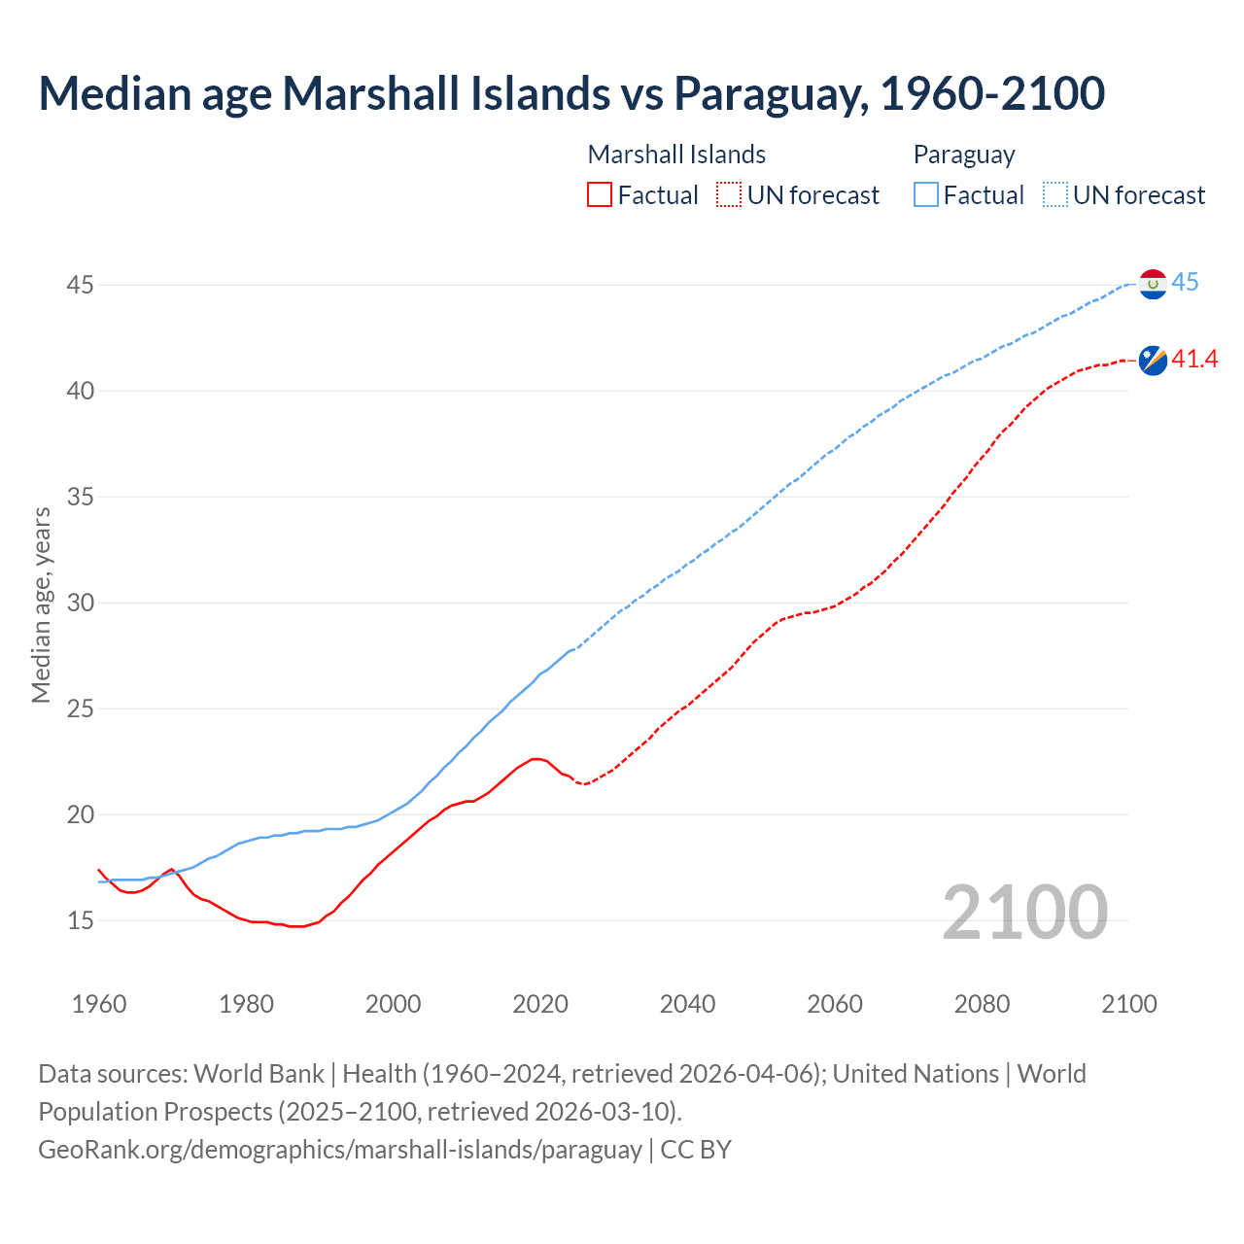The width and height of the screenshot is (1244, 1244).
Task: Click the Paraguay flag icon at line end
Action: [x=1153, y=284]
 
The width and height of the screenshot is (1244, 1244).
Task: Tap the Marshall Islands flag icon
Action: [x=1153, y=360]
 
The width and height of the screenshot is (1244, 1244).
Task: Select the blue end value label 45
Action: [x=1185, y=283]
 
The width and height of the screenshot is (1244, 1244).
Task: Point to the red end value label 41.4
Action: [x=1194, y=360]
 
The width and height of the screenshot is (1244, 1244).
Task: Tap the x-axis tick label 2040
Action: [x=687, y=1004]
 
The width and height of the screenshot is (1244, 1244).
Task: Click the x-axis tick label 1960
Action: [x=99, y=1004]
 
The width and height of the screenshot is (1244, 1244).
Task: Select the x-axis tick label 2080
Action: [x=982, y=1004]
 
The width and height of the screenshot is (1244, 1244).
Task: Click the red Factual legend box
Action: [x=600, y=195]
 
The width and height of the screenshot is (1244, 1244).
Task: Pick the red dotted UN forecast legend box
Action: [x=729, y=195]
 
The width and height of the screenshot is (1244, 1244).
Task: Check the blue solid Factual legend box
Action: [x=926, y=195]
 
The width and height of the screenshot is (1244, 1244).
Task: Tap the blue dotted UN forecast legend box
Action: [x=1054, y=195]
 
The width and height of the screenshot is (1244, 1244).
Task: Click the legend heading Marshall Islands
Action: [x=676, y=155]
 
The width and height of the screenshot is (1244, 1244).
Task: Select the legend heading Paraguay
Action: [x=964, y=155]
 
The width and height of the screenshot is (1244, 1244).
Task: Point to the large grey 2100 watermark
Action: [x=1024, y=912]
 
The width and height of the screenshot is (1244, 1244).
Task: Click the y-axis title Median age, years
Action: [x=41, y=605]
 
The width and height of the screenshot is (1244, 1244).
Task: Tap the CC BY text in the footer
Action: [x=696, y=1150]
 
